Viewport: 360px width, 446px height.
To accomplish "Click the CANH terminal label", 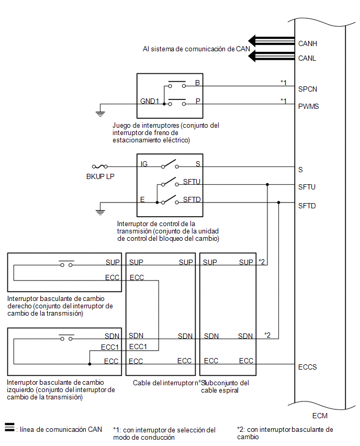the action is coord(307,43).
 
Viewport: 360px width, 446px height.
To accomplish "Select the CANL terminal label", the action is coord(307,58).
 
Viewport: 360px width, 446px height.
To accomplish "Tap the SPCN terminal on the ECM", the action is coord(307,89).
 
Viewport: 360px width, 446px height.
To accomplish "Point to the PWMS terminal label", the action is coord(308,106).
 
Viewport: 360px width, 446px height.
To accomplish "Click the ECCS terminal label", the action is coord(307,367).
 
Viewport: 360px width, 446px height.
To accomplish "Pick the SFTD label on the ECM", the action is coord(307,206).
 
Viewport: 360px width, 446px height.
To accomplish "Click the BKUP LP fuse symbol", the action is coord(100,166).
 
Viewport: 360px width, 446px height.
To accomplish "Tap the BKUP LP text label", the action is coord(100,176).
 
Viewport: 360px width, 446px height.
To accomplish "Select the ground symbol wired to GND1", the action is coord(100,114).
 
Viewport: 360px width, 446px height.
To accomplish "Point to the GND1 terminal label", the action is coord(149,101).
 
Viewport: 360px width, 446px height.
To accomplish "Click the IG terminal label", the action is coord(144,164).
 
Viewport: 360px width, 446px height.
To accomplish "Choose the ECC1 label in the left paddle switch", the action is coord(110,347).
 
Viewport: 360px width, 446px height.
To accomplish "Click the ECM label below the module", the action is coord(320,416).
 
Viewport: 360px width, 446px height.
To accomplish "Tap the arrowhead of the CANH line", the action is coord(252,41).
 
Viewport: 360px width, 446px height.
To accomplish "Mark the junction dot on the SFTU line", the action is coord(267,185).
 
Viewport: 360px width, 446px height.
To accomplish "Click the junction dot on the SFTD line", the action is coord(279,203).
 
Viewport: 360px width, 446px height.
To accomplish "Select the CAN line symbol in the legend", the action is coord(9,427).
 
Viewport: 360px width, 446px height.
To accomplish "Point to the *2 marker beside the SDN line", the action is coord(267,335).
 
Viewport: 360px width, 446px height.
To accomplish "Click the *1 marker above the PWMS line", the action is coord(284,101).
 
